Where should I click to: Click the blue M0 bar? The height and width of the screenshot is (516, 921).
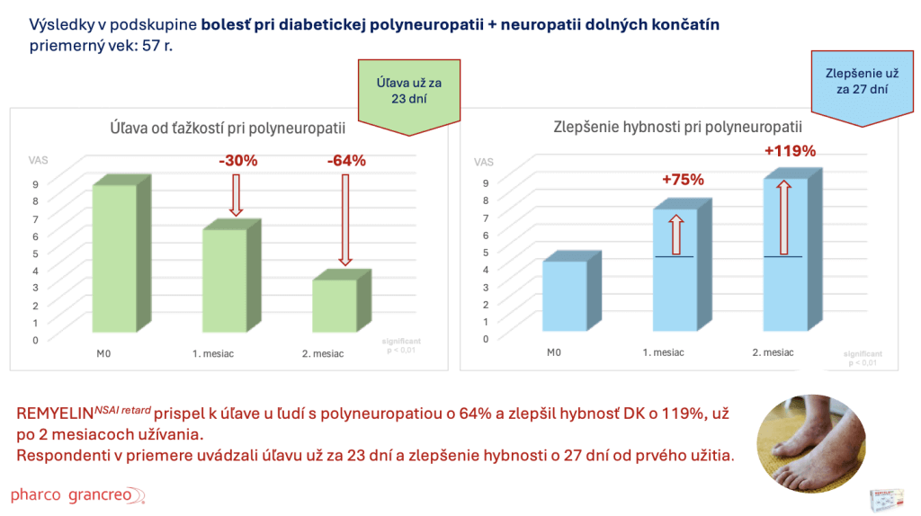(565, 299)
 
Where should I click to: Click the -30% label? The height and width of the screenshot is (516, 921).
(238, 162)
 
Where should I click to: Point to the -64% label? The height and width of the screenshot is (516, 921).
(345, 162)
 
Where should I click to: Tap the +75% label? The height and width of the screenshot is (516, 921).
(682, 180)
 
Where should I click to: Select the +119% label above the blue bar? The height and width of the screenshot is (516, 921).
(790, 151)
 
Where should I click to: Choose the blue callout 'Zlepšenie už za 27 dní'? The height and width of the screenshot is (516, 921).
(863, 83)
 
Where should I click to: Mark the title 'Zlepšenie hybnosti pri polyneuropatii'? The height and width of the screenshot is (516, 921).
(677, 128)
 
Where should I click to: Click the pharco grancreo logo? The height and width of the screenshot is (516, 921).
(76, 495)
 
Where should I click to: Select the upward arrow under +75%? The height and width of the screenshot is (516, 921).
(677, 235)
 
